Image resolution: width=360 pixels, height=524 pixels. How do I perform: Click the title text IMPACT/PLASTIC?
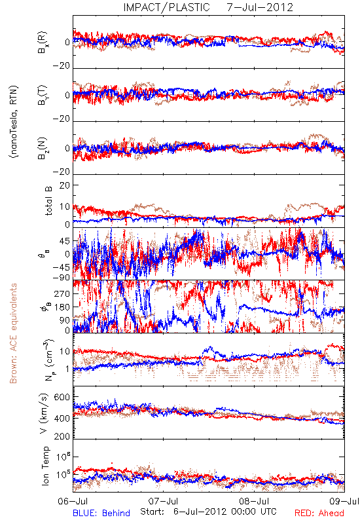166,7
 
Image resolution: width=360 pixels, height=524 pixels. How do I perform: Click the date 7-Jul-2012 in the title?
260,7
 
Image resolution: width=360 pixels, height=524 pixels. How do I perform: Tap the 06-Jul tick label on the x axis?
73,502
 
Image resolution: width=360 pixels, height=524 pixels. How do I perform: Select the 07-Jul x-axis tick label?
163,502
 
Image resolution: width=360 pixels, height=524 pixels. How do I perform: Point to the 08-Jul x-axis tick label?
254,502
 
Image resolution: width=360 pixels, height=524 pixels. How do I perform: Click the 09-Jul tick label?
344,502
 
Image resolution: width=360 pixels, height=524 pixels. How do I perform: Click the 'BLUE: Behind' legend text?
101,513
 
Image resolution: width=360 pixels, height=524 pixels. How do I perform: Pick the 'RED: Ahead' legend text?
319,513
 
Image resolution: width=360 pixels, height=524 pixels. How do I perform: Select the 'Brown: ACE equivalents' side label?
13,333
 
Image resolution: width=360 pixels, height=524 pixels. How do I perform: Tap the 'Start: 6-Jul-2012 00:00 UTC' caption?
208,512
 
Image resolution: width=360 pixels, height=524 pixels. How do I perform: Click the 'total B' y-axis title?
48,201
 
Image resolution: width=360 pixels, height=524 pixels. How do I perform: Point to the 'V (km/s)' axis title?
44,414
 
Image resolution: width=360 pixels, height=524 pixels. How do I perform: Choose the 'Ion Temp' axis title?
45,466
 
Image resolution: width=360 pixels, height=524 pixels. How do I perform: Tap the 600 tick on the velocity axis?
62,397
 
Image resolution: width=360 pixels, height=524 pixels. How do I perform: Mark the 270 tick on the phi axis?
62,293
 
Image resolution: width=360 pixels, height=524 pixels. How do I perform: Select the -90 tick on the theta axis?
62,277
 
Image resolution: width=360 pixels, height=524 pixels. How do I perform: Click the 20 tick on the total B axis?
65,185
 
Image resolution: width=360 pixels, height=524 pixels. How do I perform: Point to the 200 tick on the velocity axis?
62,436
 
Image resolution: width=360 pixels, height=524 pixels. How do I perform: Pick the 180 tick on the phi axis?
62,307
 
